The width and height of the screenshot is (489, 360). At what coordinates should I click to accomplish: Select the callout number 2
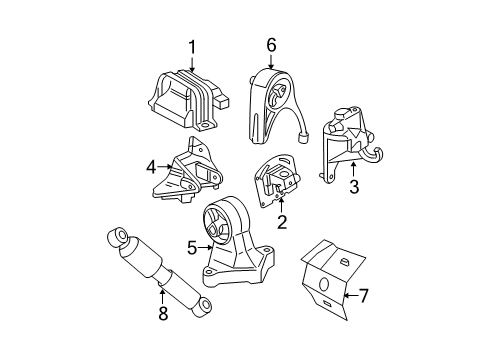pyautogui.click(x=281, y=223)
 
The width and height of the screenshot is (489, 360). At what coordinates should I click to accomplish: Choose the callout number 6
pyautogui.click(x=270, y=45)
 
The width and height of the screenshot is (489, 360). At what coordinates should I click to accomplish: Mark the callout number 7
pyautogui.click(x=363, y=295)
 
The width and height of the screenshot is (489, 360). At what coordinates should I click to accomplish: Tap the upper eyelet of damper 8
pyautogui.click(x=116, y=240)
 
